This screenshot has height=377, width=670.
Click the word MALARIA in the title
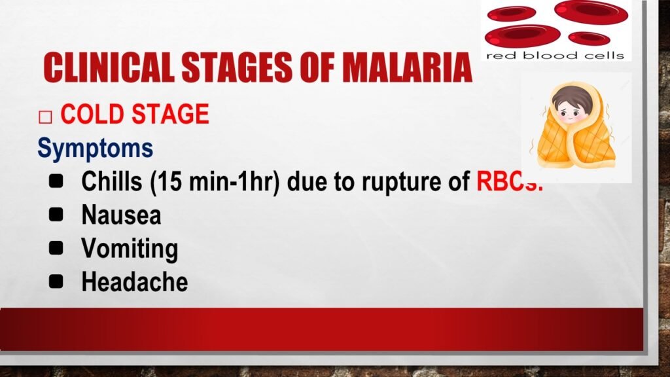coord(407,67)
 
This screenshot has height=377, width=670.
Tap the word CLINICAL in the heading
coord(109,67)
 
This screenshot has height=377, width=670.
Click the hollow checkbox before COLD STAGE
coord(45,117)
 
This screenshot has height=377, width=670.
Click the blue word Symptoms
coord(96,149)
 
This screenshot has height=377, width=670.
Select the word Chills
coord(111,181)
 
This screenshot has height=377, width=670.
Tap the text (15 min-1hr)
coord(215,182)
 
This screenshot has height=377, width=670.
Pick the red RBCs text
coord(509,181)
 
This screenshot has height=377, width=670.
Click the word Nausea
coord(121,215)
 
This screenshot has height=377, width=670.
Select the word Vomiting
coord(130,249)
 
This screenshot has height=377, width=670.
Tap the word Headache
coord(135,281)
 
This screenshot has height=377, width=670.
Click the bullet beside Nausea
coord(56,214)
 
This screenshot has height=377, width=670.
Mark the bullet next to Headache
coord(56,281)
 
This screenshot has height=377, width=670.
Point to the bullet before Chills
coord(56,181)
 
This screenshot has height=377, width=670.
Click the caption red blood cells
coord(555,56)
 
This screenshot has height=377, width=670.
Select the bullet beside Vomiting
coord(56,247)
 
